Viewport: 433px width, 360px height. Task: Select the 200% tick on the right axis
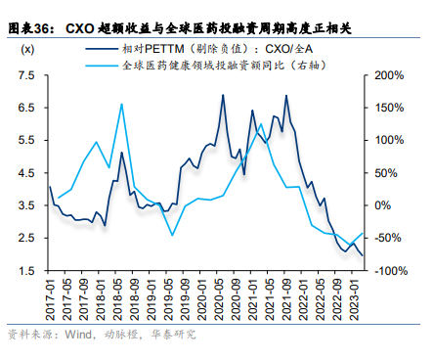point(388,75)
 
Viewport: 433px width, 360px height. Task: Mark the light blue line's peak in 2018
point(121,104)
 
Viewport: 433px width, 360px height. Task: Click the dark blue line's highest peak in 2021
point(286,95)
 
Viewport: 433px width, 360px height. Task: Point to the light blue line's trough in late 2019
point(172,235)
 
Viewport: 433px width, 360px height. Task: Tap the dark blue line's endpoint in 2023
point(364,255)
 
